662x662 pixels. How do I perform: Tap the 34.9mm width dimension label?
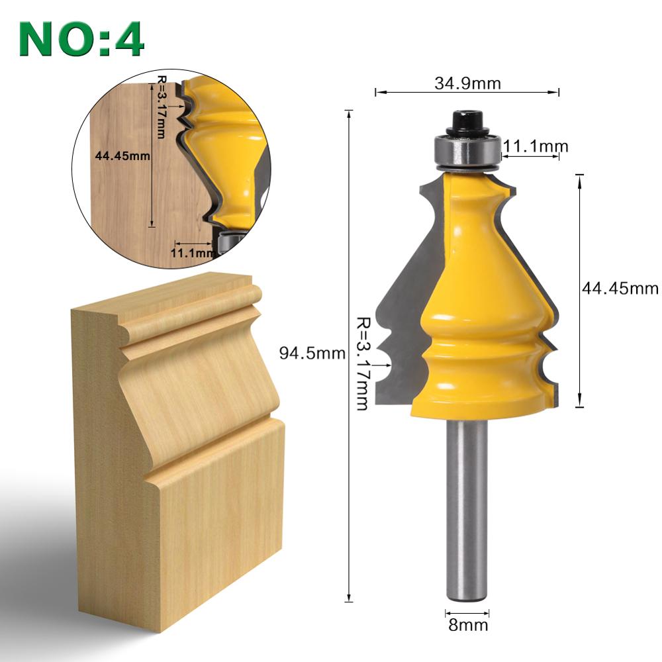[467, 83]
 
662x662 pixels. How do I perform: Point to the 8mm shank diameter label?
[467, 624]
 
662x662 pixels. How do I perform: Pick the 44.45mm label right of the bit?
[620, 289]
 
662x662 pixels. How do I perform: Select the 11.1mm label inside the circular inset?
[193, 252]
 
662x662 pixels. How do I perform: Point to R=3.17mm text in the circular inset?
[161, 107]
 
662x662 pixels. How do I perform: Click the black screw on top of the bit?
[468, 123]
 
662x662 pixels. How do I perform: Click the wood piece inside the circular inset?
[126, 199]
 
